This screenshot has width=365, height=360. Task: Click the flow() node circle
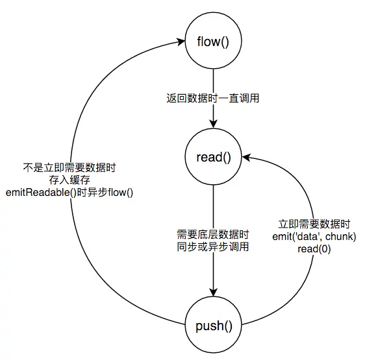[x=214, y=43]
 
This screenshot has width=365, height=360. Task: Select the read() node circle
[x=214, y=158]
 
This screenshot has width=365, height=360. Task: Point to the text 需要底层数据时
[x=213, y=234]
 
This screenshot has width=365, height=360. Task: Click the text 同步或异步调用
[x=213, y=246]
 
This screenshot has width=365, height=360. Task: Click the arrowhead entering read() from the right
[x=246, y=158]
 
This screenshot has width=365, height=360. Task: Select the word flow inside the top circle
[x=208, y=43]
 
